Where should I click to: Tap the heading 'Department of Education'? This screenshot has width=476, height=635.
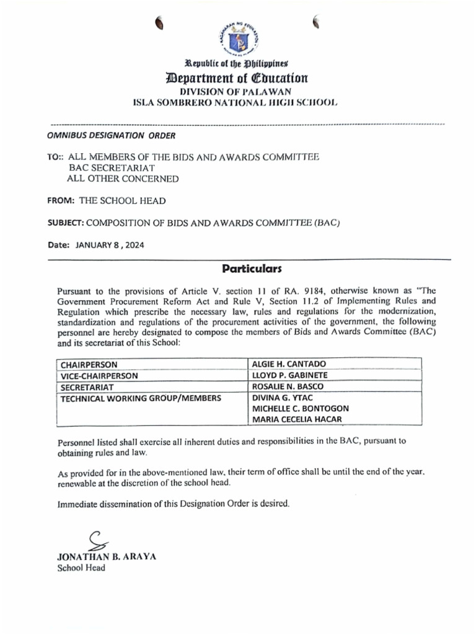click(237, 78)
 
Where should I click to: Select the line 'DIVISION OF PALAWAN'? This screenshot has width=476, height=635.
click(237, 92)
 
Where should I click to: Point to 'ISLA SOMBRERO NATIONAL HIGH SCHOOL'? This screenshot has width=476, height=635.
click(237, 103)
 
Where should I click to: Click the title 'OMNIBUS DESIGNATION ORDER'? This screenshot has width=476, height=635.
click(112, 135)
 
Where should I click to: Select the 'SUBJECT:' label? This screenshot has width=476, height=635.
click(65, 223)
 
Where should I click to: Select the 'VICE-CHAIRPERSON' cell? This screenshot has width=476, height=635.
click(99, 375)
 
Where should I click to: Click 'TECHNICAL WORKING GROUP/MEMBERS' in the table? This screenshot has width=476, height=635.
click(140, 397)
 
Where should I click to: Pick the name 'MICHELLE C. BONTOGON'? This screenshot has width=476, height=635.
click(300, 409)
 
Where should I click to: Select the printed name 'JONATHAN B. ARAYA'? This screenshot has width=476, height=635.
click(107, 556)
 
